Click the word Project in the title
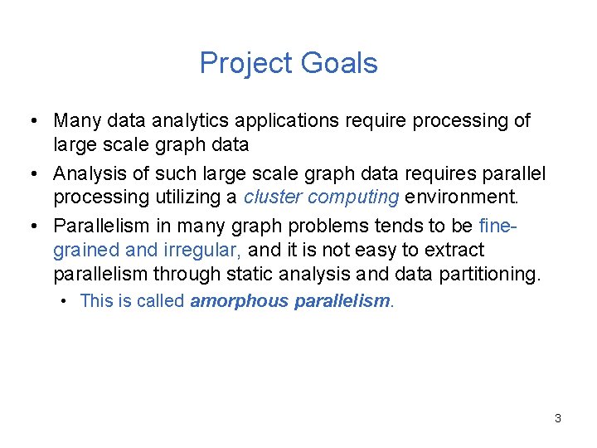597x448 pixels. [245, 63]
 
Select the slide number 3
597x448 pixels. [558, 418]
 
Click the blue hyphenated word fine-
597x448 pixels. [501, 225]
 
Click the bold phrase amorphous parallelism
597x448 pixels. [289, 301]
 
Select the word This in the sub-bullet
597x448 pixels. [95, 301]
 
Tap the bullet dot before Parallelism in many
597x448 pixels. [30, 226]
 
